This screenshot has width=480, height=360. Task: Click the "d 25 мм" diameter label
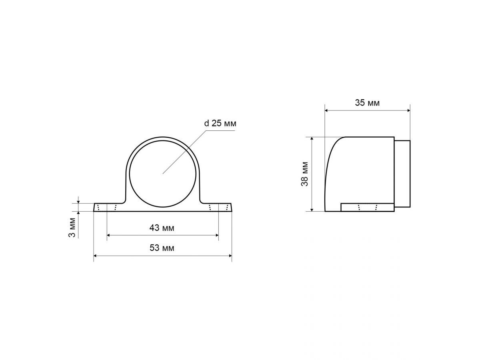220,123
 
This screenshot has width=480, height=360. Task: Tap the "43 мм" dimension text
162,228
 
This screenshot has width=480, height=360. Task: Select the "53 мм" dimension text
162,248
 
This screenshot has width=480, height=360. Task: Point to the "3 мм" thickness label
72,228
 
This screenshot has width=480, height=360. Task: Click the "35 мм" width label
367,103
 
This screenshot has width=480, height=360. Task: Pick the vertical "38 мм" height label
304,174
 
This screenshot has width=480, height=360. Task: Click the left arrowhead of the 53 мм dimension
95,256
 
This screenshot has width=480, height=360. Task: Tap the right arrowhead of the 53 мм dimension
230,256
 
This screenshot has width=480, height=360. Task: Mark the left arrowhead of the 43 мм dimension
109,235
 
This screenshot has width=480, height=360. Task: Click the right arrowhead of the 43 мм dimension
217,235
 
